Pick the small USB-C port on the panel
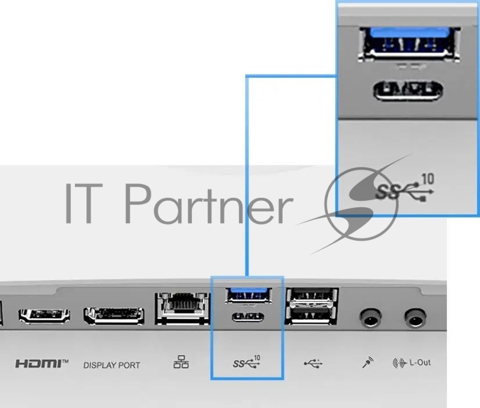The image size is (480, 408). pos(248,316)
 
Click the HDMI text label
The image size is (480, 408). pos(41,364)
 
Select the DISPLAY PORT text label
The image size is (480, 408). pos(112,364)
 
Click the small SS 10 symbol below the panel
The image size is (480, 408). pos(247,362)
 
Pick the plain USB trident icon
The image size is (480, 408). pos(313,363)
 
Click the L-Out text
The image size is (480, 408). pos(420,363)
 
